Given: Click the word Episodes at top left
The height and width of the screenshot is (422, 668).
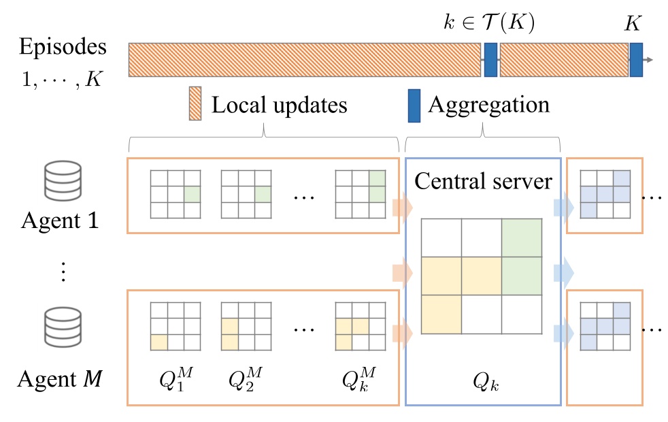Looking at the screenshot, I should tap(63, 48).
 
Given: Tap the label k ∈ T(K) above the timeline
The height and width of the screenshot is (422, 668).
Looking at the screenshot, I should tap(488, 22).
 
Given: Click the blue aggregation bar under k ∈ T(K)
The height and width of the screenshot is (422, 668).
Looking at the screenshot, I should tap(490, 60).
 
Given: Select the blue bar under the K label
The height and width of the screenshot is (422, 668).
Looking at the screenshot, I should tap(636, 60).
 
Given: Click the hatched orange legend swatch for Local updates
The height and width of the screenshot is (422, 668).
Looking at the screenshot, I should tap(195, 104).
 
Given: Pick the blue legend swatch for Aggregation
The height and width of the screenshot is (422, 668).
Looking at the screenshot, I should tap(414, 105).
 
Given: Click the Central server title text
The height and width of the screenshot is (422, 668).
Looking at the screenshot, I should tap(483, 181).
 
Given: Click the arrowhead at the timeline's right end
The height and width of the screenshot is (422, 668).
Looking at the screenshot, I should tap(649, 60).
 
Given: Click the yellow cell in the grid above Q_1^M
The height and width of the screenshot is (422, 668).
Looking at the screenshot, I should tap(158, 342).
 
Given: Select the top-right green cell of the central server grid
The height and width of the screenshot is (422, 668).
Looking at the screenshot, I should tap(522, 238).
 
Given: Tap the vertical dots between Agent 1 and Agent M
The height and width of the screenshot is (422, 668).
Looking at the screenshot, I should tap(61, 272).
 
